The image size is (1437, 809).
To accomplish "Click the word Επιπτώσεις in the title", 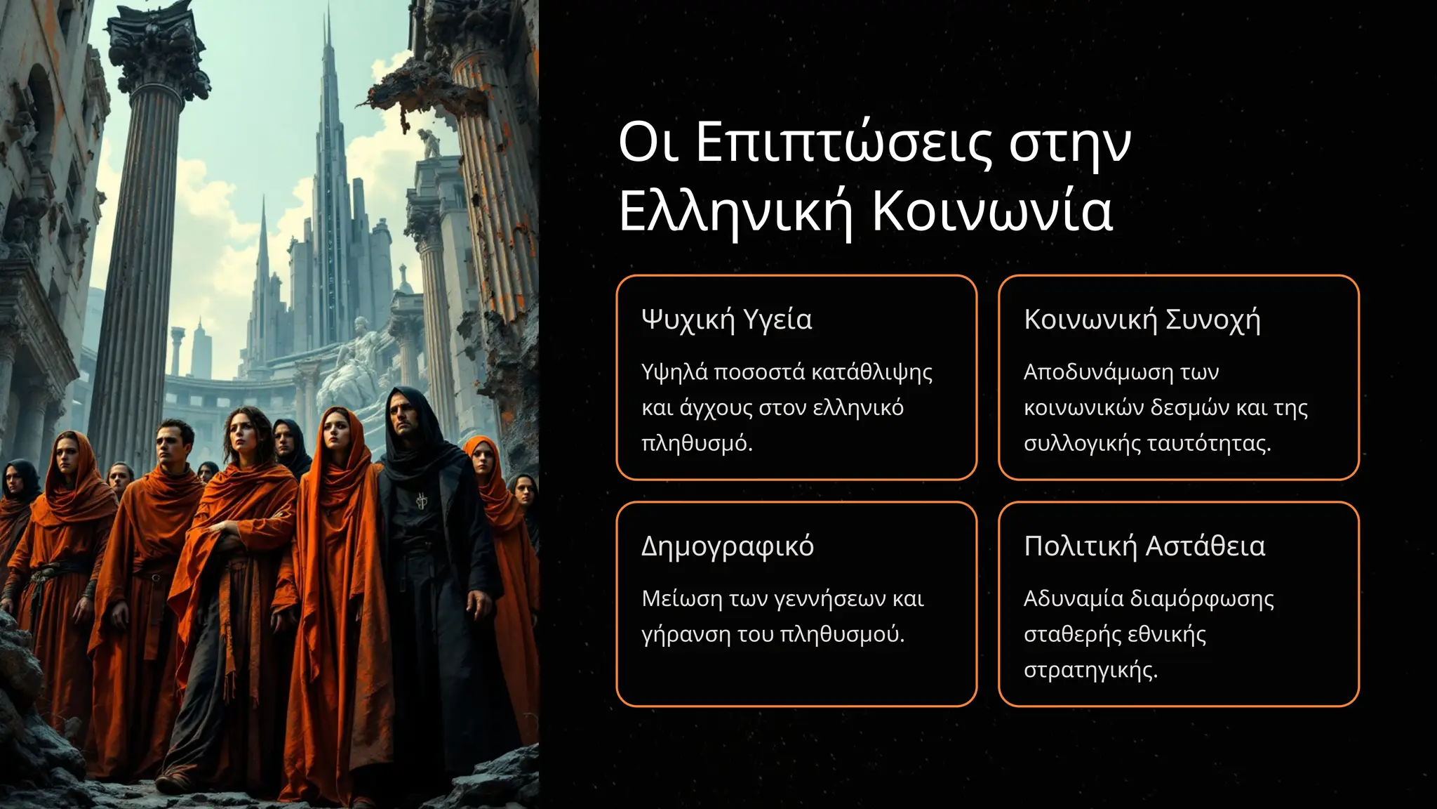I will tap(843, 143).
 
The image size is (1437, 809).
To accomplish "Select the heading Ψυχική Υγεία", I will tap(726, 320).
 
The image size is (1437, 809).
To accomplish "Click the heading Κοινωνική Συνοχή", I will tap(1142, 320).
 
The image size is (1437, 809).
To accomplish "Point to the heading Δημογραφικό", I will tap(727, 546).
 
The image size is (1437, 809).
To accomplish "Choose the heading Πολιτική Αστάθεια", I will tap(1144, 546).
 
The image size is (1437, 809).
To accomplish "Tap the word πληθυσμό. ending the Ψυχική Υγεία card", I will tap(696, 444).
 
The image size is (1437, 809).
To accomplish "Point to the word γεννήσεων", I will tap(830, 599).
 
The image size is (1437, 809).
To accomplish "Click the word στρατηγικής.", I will tap(1090, 671).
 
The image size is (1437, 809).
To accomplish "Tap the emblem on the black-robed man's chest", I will tap(422, 501).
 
